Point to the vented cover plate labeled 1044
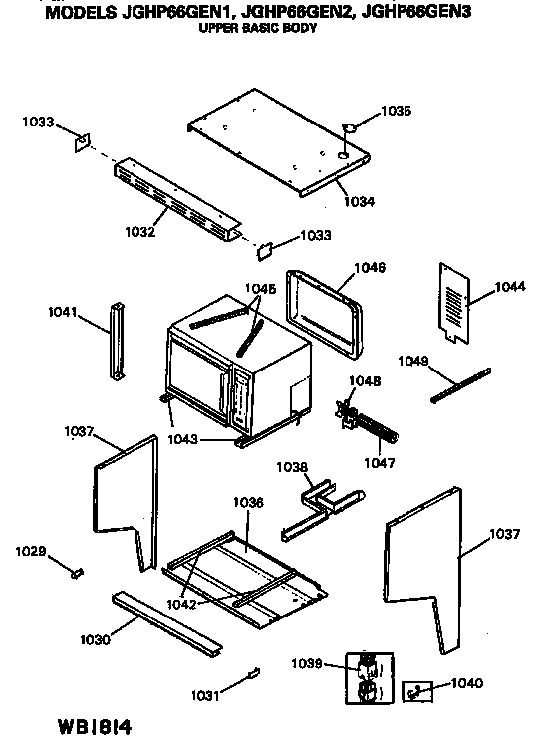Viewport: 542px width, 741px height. [x=455, y=302]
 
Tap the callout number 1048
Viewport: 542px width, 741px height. [x=365, y=380]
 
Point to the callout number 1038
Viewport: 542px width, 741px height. [x=292, y=466]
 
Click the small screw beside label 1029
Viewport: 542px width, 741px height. [x=75, y=570]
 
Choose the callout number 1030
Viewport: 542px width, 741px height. [x=97, y=637]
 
